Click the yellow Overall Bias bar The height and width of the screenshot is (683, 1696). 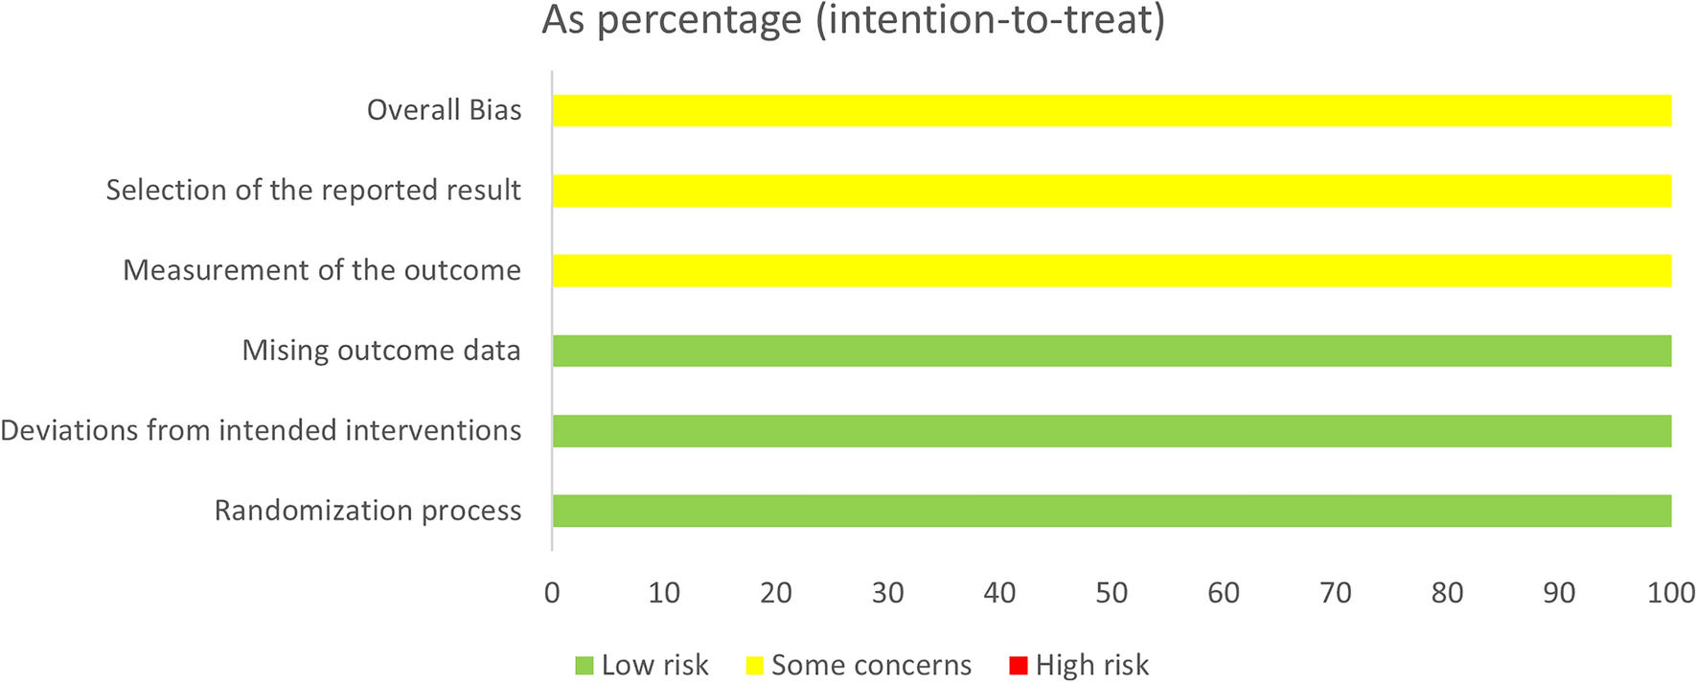(x=1112, y=110)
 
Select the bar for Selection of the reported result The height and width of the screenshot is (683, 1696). (x=1112, y=191)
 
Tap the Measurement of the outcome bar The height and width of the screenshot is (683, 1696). (x=1112, y=270)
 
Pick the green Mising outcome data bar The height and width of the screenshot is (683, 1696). (x=1112, y=351)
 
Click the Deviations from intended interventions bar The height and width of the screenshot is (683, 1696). (x=1112, y=431)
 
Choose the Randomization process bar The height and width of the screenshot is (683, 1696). (x=1112, y=511)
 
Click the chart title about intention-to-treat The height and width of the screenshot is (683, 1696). (x=853, y=20)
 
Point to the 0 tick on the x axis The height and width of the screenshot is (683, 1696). (x=552, y=593)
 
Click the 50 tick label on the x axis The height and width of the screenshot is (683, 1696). (x=1112, y=593)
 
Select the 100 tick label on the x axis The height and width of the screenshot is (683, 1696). (x=1670, y=593)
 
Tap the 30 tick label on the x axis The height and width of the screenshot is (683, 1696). (x=887, y=593)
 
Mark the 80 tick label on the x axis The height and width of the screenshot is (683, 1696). (x=1447, y=593)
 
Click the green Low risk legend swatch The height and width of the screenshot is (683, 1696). (x=584, y=666)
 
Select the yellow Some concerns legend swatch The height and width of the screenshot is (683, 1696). (x=754, y=666)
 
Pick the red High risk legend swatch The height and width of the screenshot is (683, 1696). (x=1019, y=666)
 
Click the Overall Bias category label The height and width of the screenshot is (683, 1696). (x=444, y=110)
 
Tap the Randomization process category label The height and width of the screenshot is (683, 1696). (x=368, y=511)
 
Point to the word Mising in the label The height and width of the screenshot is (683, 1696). (x=273, y=351)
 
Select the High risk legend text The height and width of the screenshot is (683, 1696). (x=1091, y=666)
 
